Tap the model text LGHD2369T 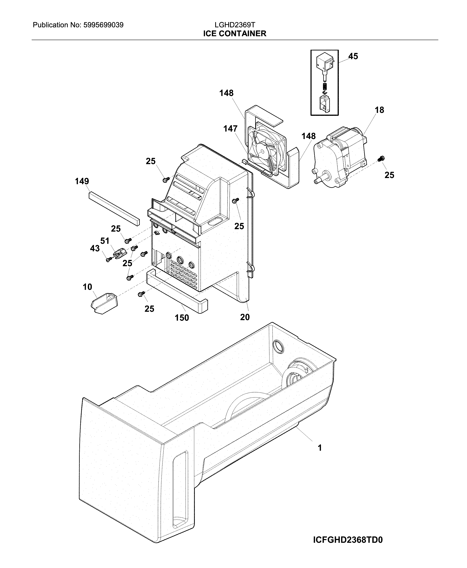point(235,25)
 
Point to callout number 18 point(379,110)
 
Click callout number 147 point(230,129)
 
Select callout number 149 point(82,181)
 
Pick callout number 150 point(182,318)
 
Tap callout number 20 point(245,317)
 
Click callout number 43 point(95,248)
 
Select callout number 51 point(105,241)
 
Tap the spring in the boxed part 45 point(325,87)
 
